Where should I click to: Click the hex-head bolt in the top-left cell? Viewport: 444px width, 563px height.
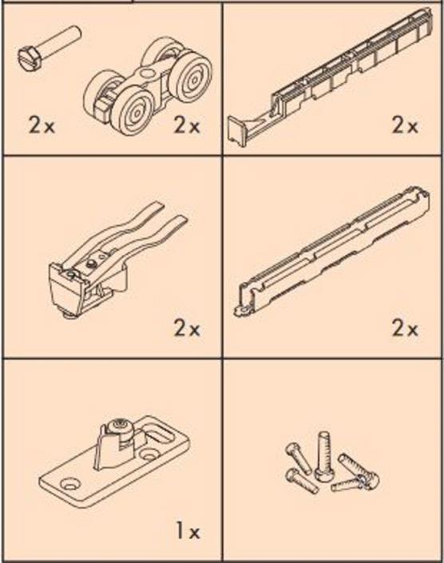50,47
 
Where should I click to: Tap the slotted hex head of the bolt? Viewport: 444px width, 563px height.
28,57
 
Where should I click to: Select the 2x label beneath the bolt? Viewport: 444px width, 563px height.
42,125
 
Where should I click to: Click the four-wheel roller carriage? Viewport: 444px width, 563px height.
148,86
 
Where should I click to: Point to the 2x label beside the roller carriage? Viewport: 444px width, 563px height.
187,125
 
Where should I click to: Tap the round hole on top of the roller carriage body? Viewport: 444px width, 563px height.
146,74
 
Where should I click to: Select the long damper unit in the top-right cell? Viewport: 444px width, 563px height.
331,77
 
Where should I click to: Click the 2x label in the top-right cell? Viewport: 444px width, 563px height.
405,125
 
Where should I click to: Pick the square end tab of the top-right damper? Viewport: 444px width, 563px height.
237,132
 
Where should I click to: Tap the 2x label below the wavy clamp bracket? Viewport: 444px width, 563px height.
187,328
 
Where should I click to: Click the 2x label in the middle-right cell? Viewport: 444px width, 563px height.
405,328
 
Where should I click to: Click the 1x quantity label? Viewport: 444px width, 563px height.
188,532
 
